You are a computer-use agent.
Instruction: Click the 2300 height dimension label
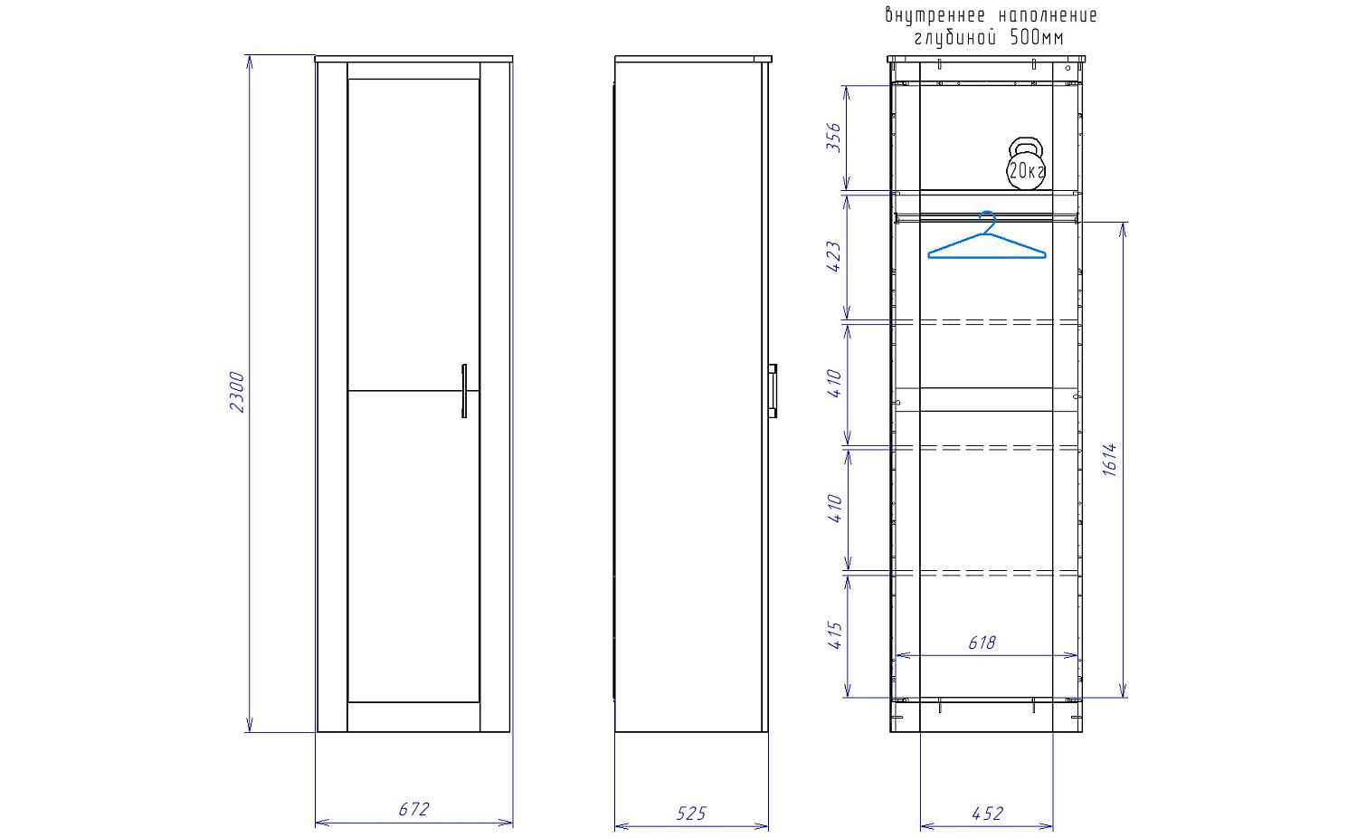click(237, 392)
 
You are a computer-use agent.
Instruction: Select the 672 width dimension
click(413, 809)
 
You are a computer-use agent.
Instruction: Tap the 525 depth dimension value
click(691, 814)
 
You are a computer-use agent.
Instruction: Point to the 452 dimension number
click(988, 814)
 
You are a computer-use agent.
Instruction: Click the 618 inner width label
click(982, 643)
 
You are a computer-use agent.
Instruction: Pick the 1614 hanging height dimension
click(1110, 460)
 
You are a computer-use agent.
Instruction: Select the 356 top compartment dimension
click(834, 137)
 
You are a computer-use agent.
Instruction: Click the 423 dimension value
click(834, 257)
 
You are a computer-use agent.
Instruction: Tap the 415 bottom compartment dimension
click(834, 635)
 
